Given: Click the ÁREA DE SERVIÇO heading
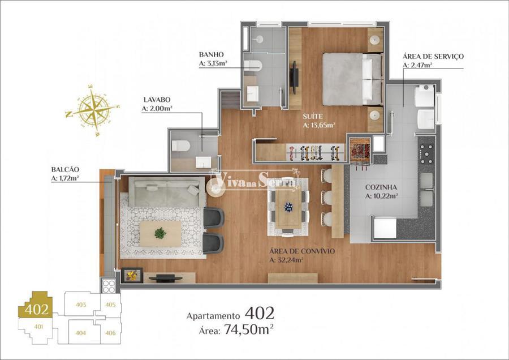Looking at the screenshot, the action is [x=433, y=56].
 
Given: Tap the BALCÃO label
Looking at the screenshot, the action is [x=65, y=169].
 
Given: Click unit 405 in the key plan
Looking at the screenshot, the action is [x=110, y=305].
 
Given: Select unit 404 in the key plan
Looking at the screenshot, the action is [x=80, y=333].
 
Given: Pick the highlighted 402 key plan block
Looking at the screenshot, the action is [x=36, y=306].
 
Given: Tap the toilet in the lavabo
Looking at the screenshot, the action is [x=180, y=145].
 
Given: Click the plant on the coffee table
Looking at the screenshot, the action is [x=160, y=233].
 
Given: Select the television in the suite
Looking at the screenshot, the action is [x=295, y=78].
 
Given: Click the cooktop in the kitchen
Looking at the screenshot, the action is [x=426, y=151].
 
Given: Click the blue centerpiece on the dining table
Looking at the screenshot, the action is [x=288, y=207].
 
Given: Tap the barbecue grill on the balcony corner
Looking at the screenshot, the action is [x=109, y=286].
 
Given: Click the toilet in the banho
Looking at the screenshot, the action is [x=253, y=66].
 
